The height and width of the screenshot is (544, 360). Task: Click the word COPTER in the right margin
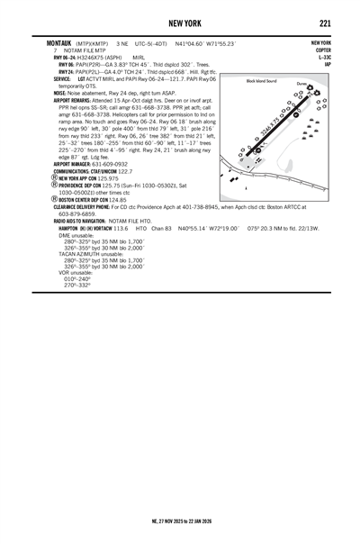(321, 50)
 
